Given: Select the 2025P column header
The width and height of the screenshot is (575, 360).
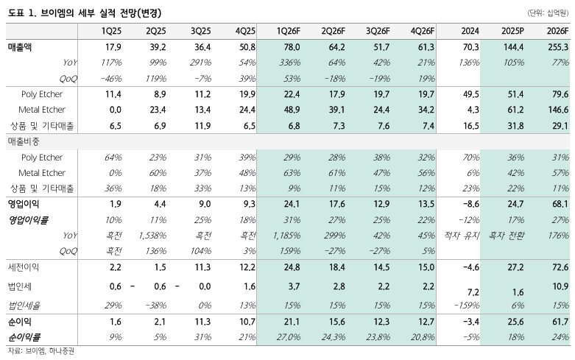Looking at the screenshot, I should (512, 32).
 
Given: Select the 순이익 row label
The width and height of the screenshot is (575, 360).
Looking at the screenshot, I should (21, 322).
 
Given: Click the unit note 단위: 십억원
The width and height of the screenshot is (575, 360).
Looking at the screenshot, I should (547, 13).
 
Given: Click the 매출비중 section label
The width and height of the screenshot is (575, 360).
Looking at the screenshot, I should (24, 141).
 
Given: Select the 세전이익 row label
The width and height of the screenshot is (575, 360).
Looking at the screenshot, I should (24, 267).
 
